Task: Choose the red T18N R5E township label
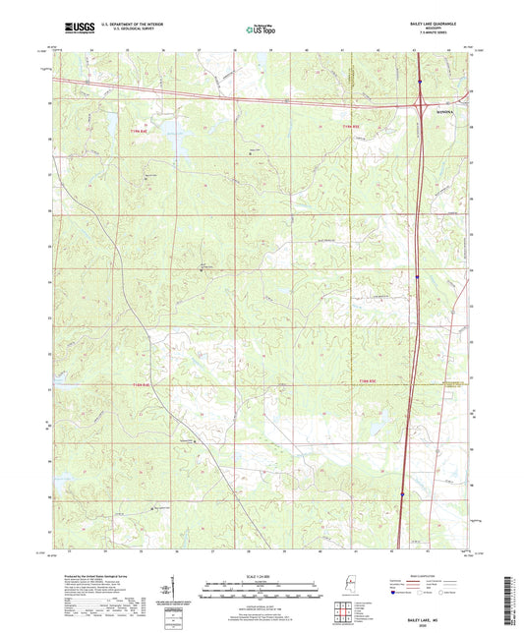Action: point(367,380)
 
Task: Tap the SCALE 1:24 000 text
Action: point(261,576)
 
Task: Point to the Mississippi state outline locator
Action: point(351,587)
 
